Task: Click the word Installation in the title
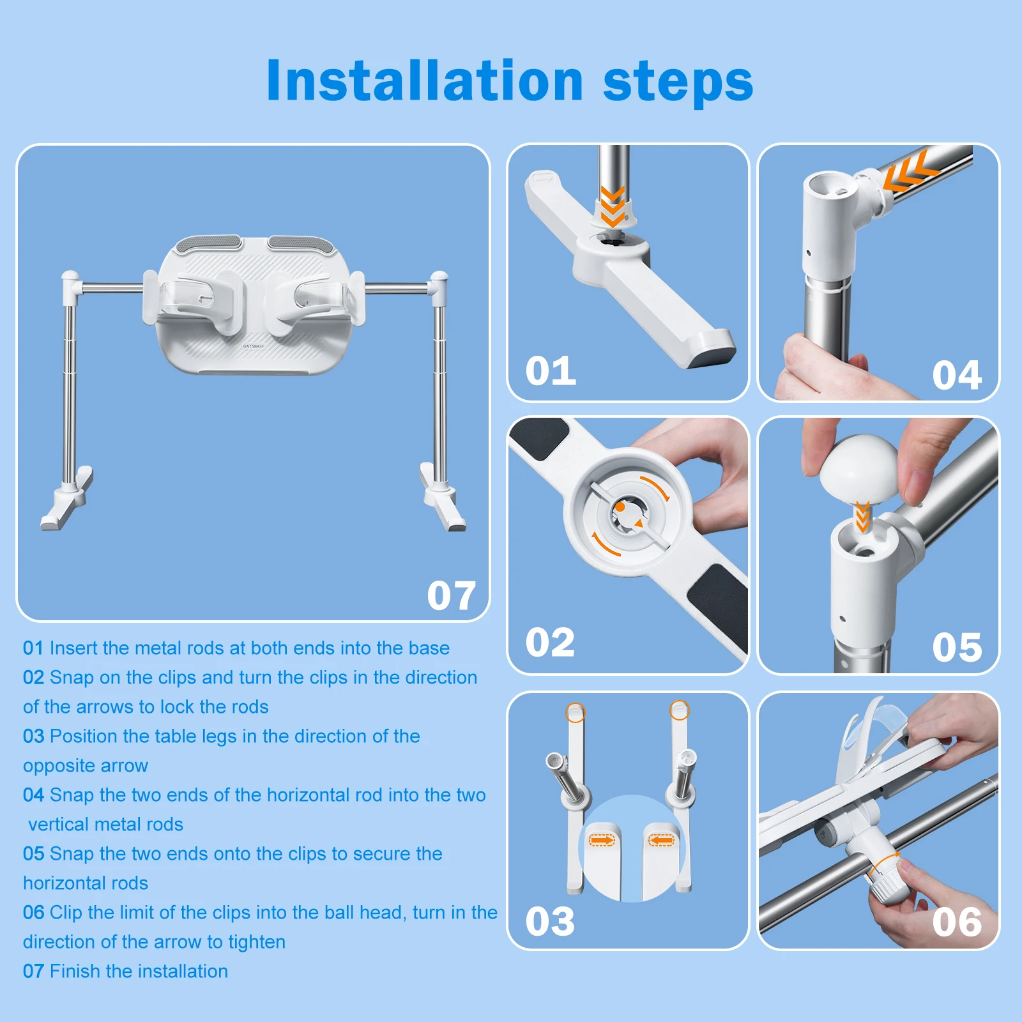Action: point(425,80)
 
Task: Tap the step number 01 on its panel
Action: point(551,371)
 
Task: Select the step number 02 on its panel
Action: point(550,643)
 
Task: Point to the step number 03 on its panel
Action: point(550,922)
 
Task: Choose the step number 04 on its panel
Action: point(957,375)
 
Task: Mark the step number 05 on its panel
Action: point(957,647)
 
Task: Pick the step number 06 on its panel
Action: point(957,922)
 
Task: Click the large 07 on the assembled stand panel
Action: point(452,596)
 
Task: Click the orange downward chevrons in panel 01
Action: point(613,206)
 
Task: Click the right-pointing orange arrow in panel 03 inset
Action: point(602,841)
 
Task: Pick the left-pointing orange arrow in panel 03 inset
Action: point(661,841)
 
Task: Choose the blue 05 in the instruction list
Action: point(34,854)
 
